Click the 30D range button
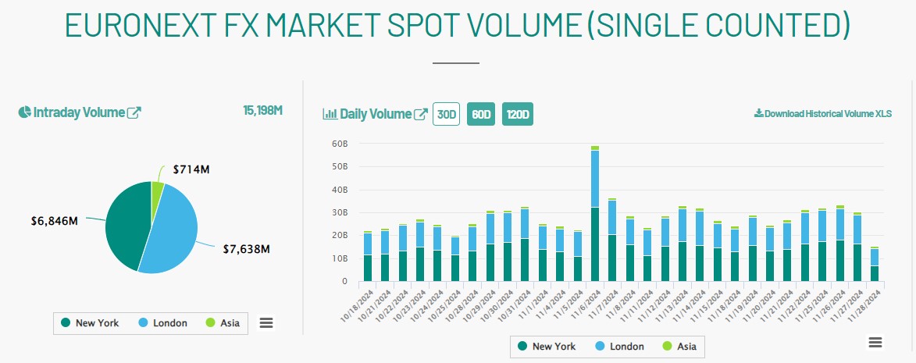point(447,114)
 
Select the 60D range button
point(480,114)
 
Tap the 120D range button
point(518,114)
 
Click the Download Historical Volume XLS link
point(822,114)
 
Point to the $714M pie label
point(191,169)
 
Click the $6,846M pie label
point(54,220)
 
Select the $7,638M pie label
point(245,249)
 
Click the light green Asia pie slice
point(157,190)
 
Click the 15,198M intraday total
point(262,110)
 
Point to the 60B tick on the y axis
point(339,144)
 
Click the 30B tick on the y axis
point(339,213)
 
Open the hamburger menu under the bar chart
point(875,343)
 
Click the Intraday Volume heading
point(79,112)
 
